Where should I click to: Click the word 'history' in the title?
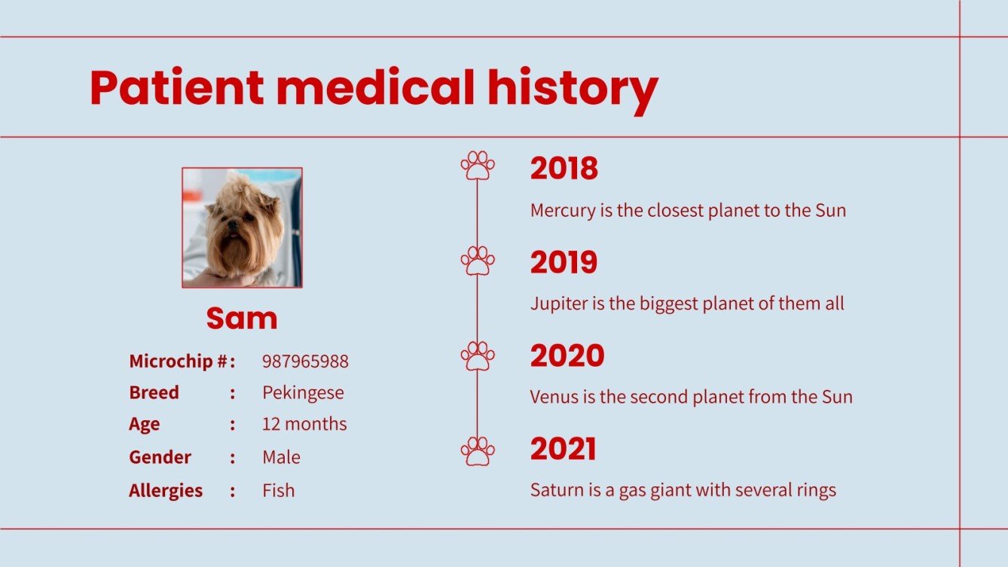(573, 88)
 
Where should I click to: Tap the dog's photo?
(242, 227)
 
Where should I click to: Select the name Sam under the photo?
(242, 319)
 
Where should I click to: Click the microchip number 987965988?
(305, 361)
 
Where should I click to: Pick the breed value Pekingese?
(303, 393)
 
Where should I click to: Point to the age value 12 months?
(304, 424)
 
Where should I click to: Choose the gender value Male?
(281, 457)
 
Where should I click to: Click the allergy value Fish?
(278, 491)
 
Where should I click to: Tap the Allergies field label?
(166, 491)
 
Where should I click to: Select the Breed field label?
(154, 393)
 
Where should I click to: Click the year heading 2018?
(564, 169)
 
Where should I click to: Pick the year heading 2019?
(564, 263)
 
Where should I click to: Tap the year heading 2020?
(567, 356)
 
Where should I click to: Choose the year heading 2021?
(563, 450)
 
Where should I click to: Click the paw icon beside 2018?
(478, 166)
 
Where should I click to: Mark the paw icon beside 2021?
(478, 450)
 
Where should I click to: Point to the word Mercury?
(562, 210)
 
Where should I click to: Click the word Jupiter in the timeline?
(559, 303)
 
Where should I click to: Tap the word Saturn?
(556, 490)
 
